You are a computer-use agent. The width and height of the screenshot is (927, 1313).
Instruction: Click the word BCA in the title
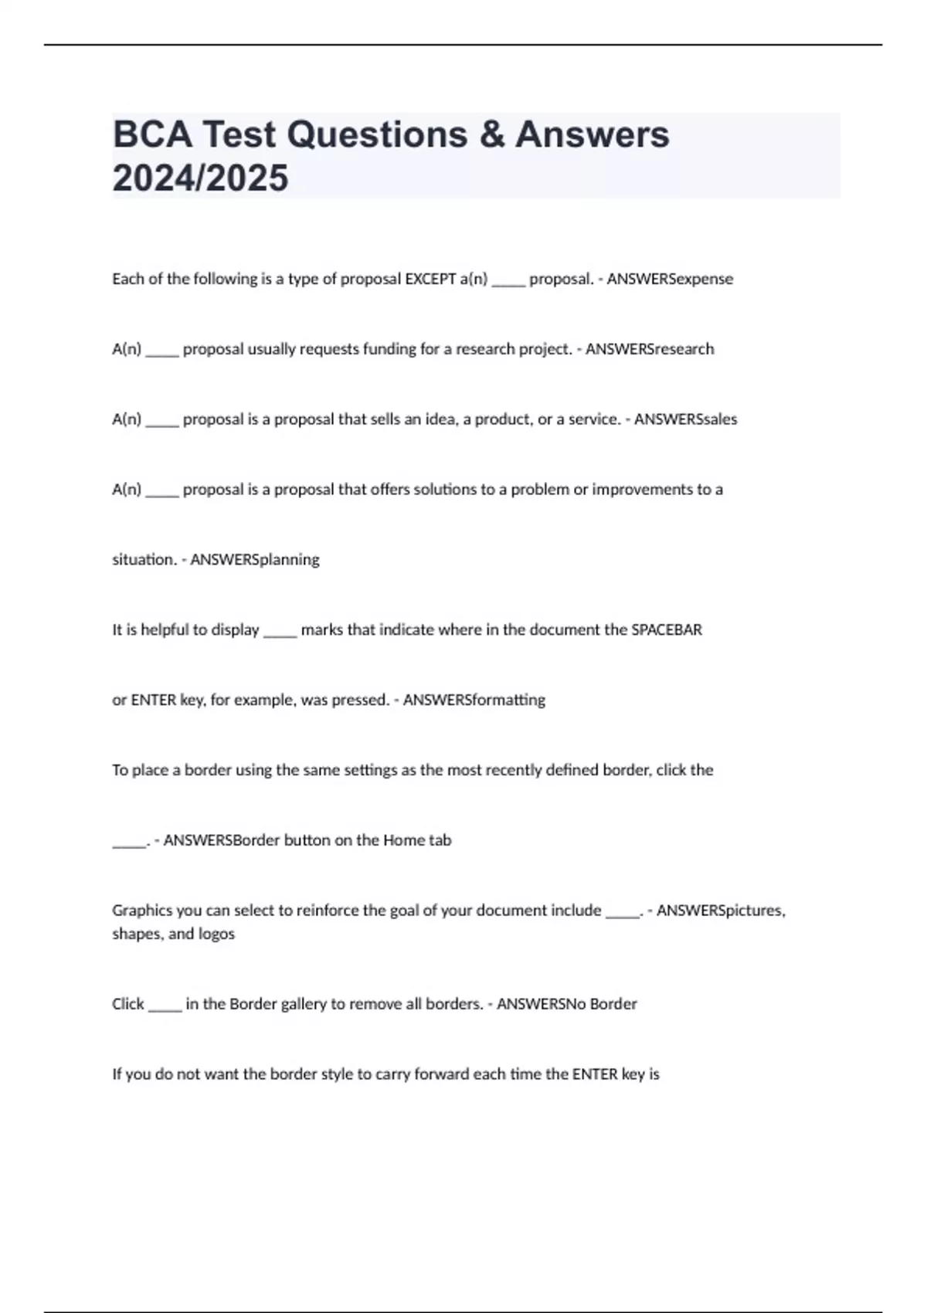pos(152,134)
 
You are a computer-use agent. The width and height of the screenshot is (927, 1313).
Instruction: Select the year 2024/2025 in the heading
pos(200,178)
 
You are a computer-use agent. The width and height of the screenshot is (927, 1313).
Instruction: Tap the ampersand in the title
pos(491,134)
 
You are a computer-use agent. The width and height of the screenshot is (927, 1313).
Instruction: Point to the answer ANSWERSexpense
pos(670,279)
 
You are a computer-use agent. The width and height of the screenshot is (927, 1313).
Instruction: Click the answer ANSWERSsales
pos(685,419)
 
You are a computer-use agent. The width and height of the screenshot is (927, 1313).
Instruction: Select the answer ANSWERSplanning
pos(254,559)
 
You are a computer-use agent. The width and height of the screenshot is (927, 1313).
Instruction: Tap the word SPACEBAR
pos(667,629)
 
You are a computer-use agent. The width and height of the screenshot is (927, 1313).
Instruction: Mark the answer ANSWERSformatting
pos(474,700)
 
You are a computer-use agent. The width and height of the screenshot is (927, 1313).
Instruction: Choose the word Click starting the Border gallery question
pos(128,1004)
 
